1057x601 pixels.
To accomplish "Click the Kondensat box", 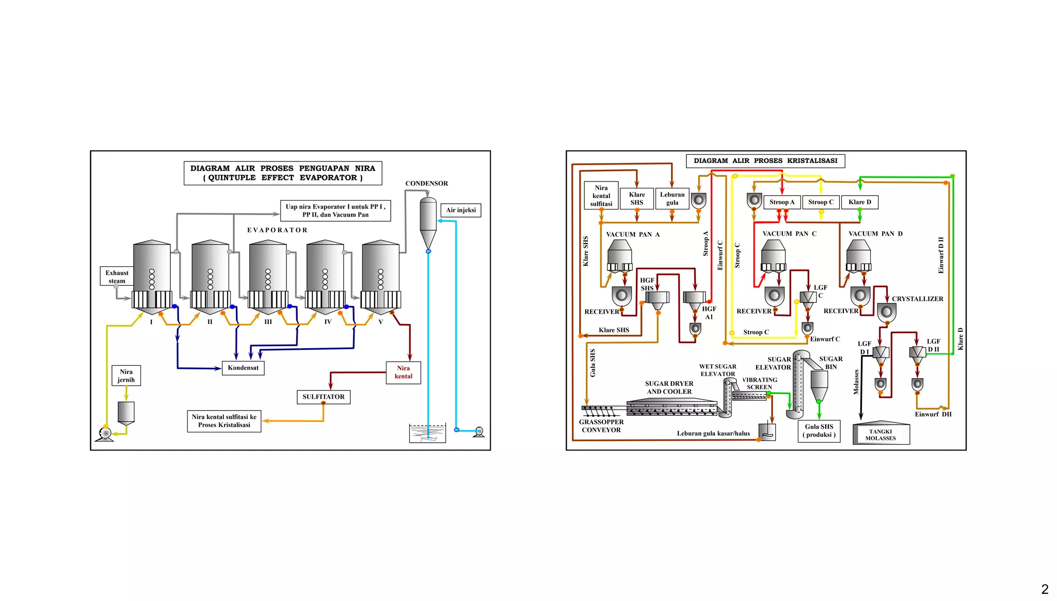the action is pos(243,368).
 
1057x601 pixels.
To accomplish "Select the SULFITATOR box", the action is pos(324,397).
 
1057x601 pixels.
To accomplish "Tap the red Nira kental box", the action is pos(404,372).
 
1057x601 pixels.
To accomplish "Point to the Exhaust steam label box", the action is pos(117,277).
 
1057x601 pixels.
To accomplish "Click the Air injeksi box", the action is pos(461,210).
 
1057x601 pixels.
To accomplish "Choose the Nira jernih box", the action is pos(126,376).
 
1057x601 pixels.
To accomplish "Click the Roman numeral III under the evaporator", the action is pos(268,322).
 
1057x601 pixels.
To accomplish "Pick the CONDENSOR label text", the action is pos(427,184).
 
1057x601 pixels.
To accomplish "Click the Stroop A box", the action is pos(782,202).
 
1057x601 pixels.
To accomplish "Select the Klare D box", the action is pos(860,202).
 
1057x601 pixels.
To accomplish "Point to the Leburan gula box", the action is pos(672,199).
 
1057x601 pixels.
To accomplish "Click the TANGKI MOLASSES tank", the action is pos(881,433).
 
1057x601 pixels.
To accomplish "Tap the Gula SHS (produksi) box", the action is pos(819,431).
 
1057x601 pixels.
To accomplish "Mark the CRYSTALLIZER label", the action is pos(918,299).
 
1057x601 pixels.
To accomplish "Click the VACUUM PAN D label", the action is pos(876,234).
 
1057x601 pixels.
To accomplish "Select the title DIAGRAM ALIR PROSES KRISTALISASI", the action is pos(765,161).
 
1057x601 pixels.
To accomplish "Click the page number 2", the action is pos(1045,589).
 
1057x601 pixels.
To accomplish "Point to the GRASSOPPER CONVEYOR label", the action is pos(601,426).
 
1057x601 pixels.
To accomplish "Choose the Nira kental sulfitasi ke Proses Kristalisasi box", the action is pos(224,421).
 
